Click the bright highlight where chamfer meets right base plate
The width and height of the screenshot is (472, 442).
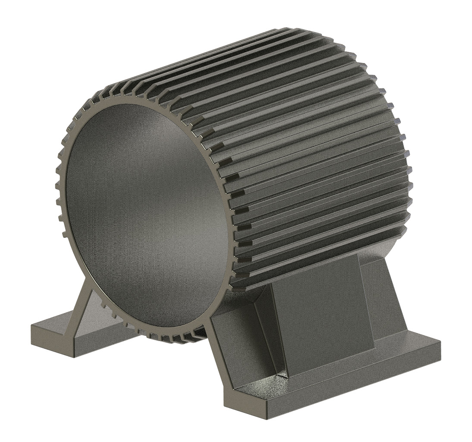coord(283,373)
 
